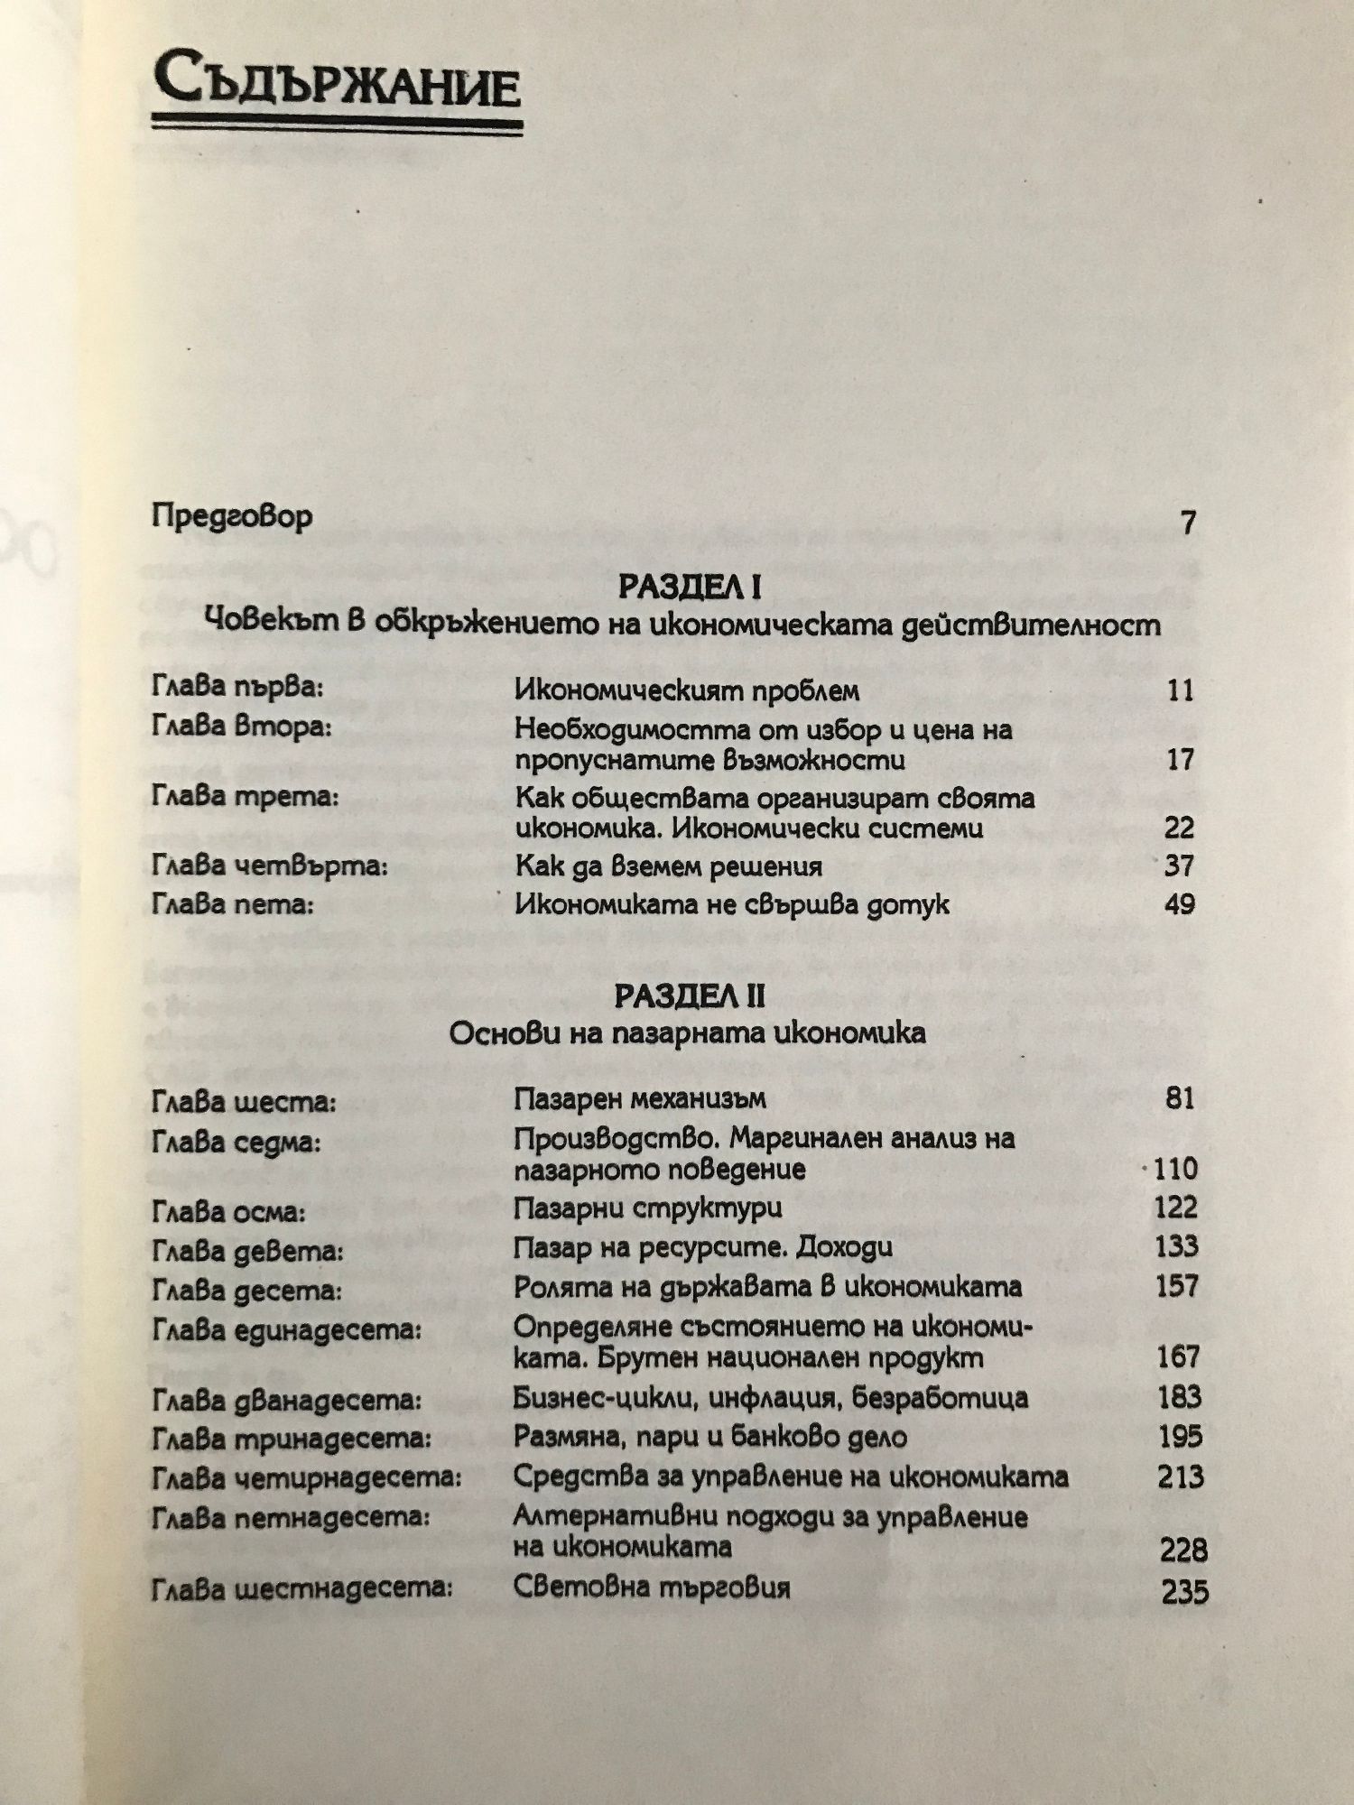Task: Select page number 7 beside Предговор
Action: (1188, 522)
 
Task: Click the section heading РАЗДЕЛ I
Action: (690, 588)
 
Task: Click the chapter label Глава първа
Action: (237, 688)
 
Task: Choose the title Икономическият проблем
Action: (686, 690)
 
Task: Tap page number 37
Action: (1179, 865)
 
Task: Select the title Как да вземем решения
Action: (668, 866)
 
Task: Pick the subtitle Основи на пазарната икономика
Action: (687, 1032)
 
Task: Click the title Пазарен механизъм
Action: (639, 1098)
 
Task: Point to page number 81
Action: (1179, 1098)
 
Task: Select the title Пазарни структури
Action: (647, 1208)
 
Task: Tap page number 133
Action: (1176, 1246)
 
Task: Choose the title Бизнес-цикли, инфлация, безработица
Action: (770, 1398)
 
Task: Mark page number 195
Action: (1179, 1436)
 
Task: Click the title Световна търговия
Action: (651, 1587)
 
